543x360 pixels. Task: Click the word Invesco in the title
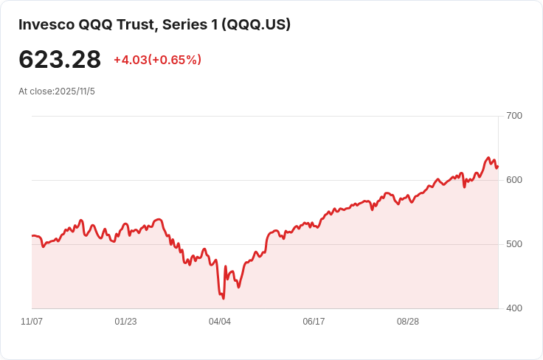(x=46, y=24)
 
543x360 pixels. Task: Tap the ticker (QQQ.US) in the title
(x=258, y=24)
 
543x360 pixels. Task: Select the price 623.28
(x=60, y=59)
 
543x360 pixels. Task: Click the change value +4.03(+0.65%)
(x=157, y=60)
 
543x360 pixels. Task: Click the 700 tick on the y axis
(x=514, y=116)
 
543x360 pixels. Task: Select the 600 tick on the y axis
(x=514, y=180)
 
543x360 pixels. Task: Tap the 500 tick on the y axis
(x=514, y=244)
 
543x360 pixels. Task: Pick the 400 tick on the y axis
(x=514, y=308)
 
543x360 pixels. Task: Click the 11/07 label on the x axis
(x=32, y=322)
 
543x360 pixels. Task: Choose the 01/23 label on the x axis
(x=125, y=322)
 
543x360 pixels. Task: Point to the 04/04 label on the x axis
(x=220, y=322)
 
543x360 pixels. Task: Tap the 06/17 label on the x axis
(x=314, y=322)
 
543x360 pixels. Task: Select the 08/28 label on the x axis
(x=408, y=322)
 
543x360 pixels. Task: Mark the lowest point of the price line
(x=223, y=298)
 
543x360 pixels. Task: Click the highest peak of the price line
(x=488, y=158)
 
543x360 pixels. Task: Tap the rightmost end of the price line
(x=498, y=166)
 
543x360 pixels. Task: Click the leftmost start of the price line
(x=32, y=236)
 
